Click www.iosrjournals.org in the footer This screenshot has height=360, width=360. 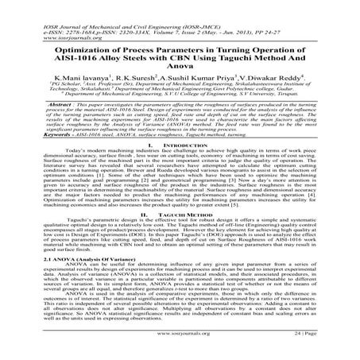point(180,347)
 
